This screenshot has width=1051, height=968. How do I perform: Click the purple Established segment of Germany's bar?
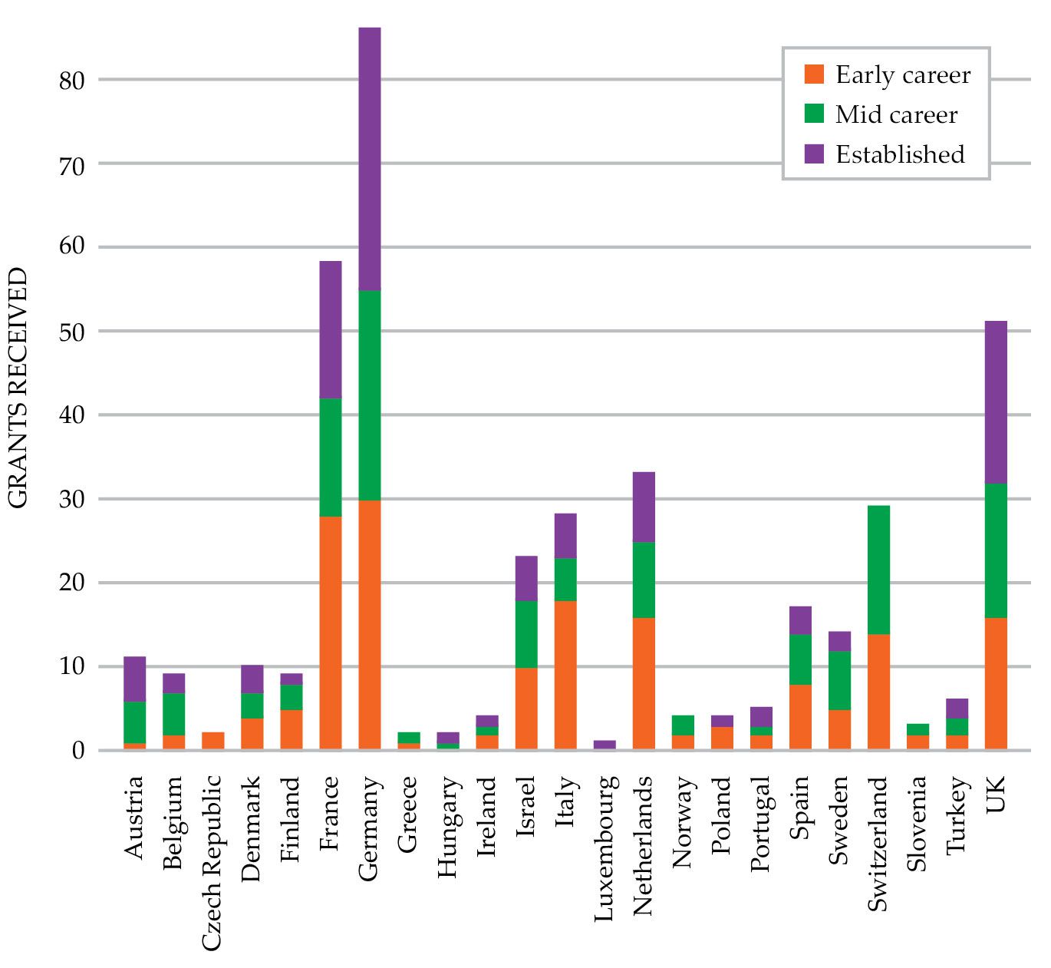369,159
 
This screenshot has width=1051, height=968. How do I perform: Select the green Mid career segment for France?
330,458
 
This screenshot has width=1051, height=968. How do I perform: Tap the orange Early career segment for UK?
995,683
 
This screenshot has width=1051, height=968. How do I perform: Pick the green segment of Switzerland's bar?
878,570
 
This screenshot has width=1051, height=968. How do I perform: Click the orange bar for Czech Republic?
213,741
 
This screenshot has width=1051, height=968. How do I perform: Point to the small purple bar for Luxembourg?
605,745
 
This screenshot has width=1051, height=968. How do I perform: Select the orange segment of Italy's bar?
565,675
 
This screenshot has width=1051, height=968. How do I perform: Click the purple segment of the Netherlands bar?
644,507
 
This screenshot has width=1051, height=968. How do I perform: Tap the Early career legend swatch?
814,74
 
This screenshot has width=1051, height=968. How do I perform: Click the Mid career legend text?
896,115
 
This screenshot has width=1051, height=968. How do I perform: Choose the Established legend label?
899,154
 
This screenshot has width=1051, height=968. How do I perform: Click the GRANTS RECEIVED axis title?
18,388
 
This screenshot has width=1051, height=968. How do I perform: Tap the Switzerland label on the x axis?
878,844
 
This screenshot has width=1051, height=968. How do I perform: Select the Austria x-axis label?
134,817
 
